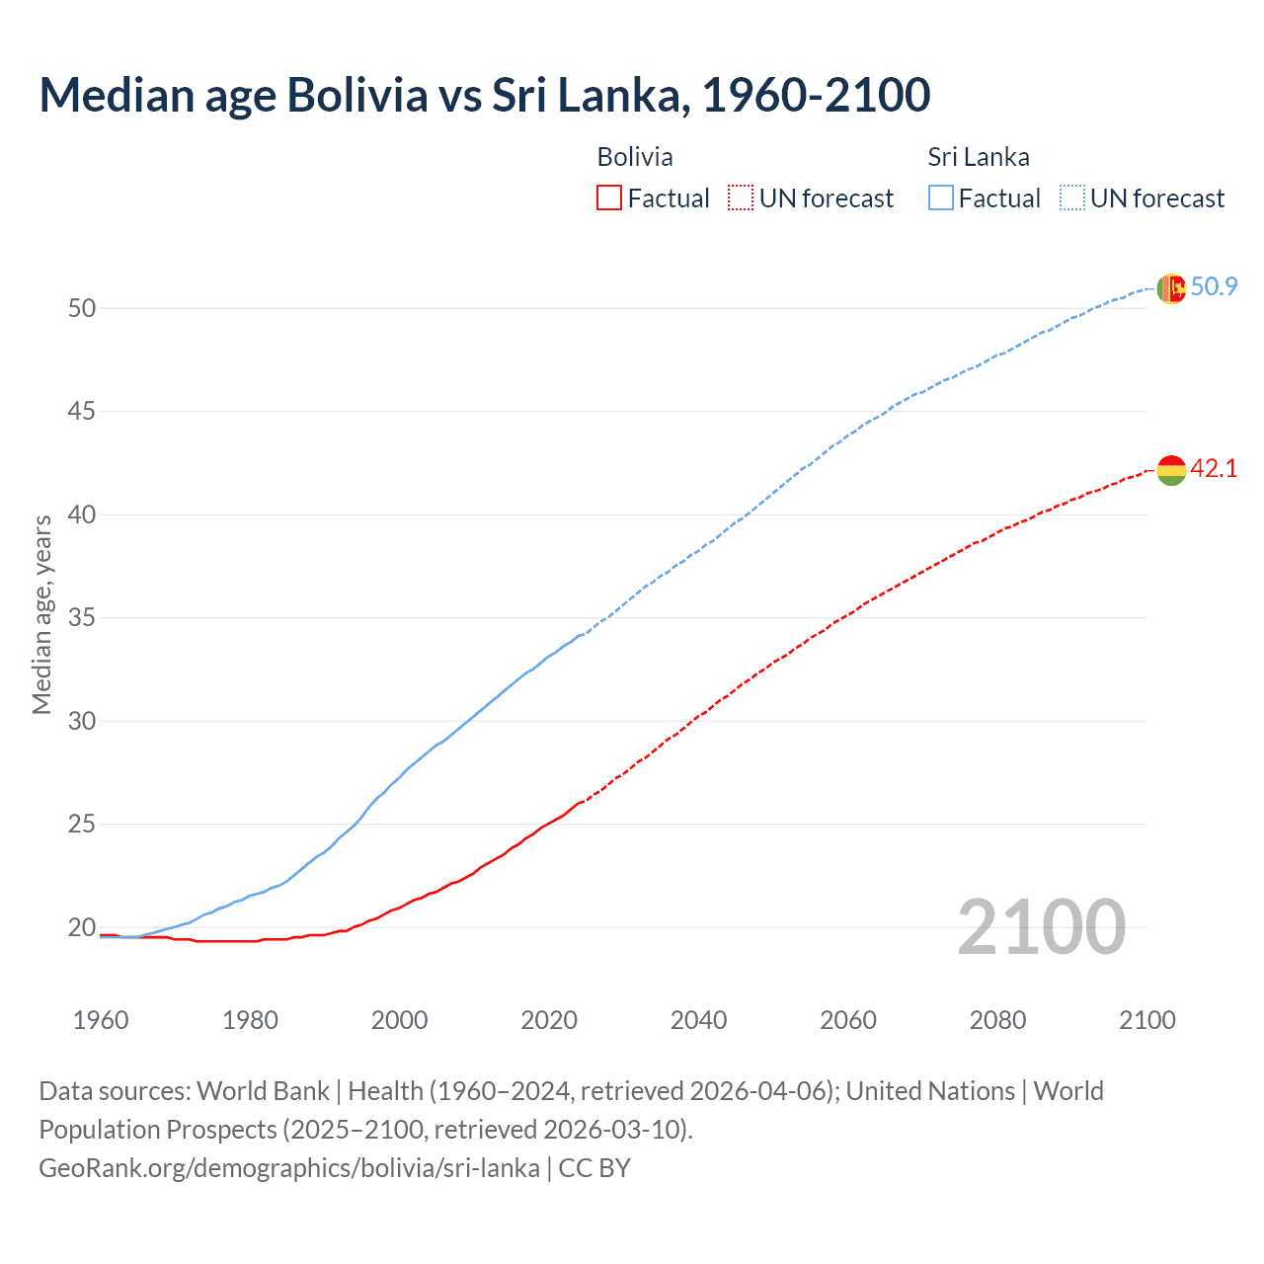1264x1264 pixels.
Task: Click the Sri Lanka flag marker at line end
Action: [x=1170, y=288]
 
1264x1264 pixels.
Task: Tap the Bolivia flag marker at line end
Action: [x=1170, y=470]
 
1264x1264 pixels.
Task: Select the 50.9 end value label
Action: [x=1214, y=287]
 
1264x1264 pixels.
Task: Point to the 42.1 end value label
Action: [x=1214, y=469]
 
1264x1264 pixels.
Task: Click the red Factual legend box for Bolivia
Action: [x=609, y=198]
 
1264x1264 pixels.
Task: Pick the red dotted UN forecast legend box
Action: [x=741, y=198]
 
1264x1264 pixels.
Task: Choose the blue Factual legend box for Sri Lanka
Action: [x=941, y=198]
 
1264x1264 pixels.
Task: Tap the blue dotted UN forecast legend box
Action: [x=1072, y=198]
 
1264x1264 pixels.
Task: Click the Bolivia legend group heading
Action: [x=635, y=157]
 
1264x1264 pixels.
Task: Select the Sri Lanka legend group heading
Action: [x=978, y=157]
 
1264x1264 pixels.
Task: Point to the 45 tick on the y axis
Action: [x=82, y=412]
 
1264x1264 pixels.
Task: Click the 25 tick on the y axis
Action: [x=82, y=825]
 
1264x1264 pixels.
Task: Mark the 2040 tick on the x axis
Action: [x=698, y=1020]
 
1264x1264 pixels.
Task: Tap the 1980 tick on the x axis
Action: [x=250, y=1020]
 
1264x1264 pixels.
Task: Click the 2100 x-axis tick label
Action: [x=1146, y=1020]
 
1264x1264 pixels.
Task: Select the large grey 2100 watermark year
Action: [x=1041, y=927]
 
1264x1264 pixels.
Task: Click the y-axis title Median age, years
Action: [x=41, y=614]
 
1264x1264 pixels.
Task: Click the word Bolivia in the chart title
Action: [x=356, y=96]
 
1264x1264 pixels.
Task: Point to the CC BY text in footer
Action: [x=594, y=1168]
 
